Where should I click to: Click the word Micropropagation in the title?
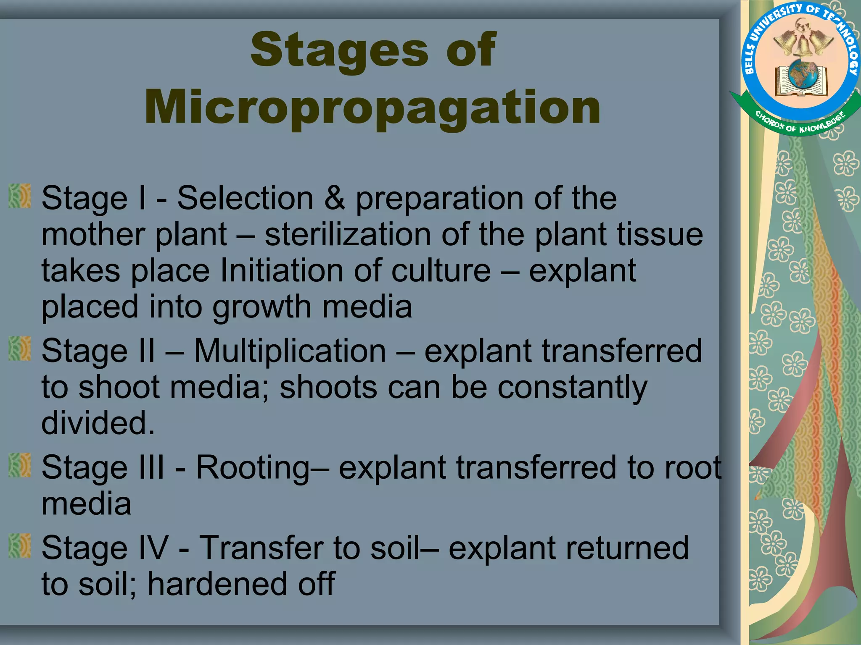pyautogui.click(x=372, y=108)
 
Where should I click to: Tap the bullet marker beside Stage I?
pyautogui.click(x=20, y=196)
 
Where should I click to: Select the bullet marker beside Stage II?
pyautogui.click(x=20, y=349)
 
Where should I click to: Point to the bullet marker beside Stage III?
pyautogui.click(x=20, y=465)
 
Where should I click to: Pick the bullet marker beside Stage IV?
pyautogui.click(x=20, y=546)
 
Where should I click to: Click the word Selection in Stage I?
pyautogui.click(x=245, y=198)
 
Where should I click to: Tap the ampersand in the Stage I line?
pyautogui.click(x=335, y=198)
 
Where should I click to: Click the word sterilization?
pyautogui.click(x=347, y=234)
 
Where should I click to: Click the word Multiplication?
pyautogui.click(x=290, y=351)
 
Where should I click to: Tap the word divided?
pyautogui.click(x=98, y=423)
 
